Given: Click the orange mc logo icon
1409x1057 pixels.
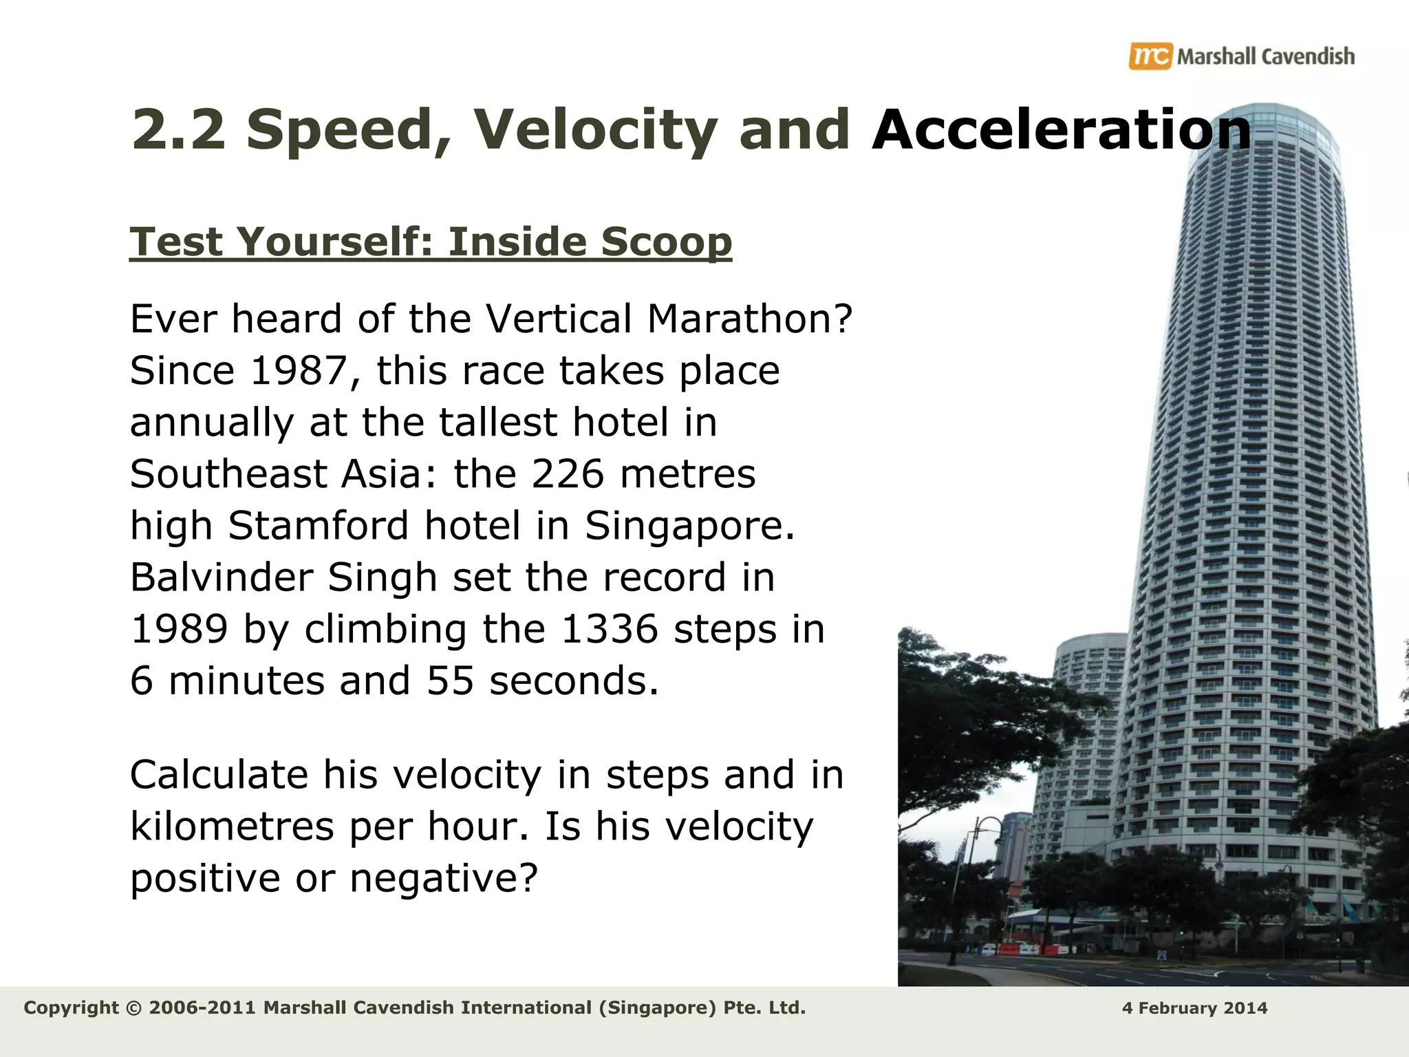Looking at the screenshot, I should [x=1150, y=56].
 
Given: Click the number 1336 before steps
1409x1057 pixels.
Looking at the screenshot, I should [x=610, y=629].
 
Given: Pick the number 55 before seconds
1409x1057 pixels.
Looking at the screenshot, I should [x=451, y=681].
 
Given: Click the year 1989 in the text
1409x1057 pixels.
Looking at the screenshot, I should [x=179, y=629].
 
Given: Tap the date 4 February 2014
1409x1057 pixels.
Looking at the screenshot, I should [x=1194, y=1009].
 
